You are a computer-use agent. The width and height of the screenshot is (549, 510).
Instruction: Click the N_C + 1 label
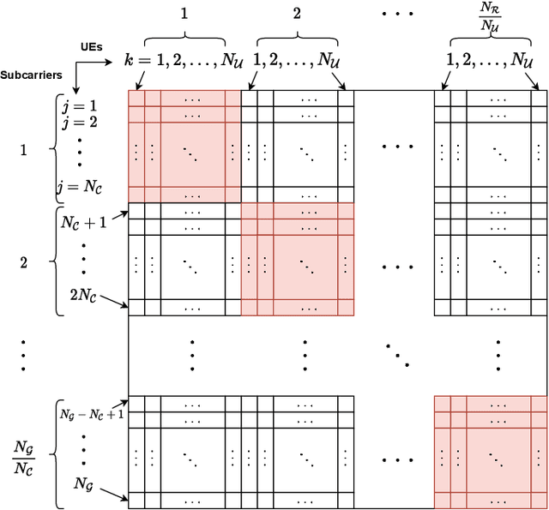coord(83,222)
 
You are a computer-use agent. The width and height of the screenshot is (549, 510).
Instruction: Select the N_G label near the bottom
coord(84,484)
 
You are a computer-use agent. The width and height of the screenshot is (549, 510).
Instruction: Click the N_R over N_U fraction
coord(490,16)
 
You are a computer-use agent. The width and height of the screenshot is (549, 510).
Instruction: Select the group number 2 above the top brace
coord(297,14)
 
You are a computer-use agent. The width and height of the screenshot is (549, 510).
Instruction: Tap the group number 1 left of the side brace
coord(23,149)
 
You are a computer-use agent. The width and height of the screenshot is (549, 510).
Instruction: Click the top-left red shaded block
coord(184,146)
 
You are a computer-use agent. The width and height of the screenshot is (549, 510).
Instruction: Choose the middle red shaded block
coord(297,259)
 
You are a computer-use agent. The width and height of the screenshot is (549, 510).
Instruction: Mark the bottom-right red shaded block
coord(490,452)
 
